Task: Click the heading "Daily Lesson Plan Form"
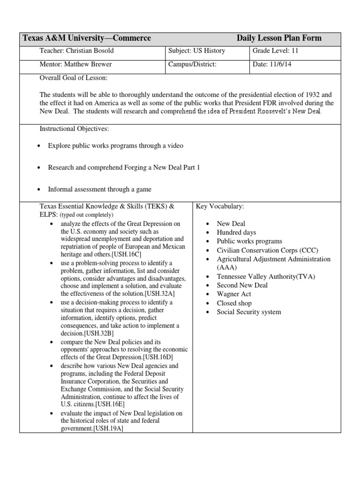pyautogui.click(x=279, y=38)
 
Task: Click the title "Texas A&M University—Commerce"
pyautogui.click(x=87, y=38)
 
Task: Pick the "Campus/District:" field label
pyautogui.click(x=193, y=65)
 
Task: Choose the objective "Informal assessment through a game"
pyautogui.click(x=100, y=189)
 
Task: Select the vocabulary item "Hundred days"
pyautogui.click(x=236, y=232)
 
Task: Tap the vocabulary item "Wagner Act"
pyautogui.click(x=234, y=294)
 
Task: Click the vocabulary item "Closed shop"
pyautogui.click(x=234, y=303)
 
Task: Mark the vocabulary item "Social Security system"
pyautogui.click(x=249, y=312)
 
